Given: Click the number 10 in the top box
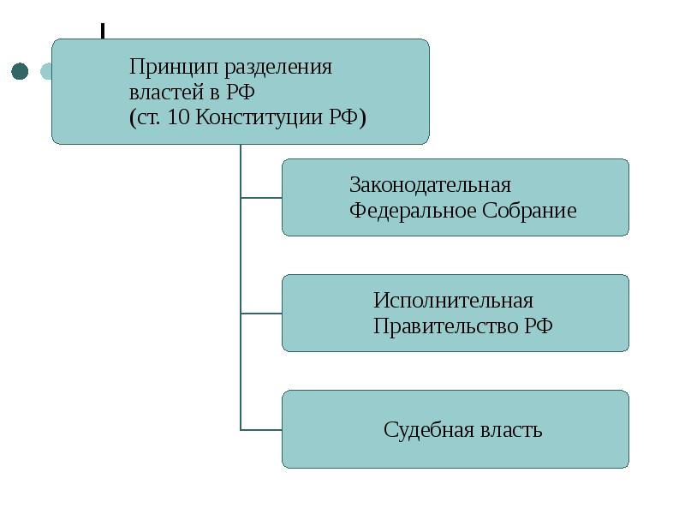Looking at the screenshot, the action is (178, 117).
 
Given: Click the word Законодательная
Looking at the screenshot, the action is (430, 185).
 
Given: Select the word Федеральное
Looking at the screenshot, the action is (413, 211).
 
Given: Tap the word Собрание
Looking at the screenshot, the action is (529, 211).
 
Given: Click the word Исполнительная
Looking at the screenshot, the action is (453, 301).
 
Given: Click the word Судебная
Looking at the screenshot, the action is (429, 429).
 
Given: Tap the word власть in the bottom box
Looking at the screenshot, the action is (511, 431).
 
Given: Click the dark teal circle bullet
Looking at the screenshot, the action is (20, 71).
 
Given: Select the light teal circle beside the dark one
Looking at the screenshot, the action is (46, 71).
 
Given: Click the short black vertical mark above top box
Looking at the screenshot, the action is (103, 31).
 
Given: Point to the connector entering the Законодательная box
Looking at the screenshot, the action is (261, 198).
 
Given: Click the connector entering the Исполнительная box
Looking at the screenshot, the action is (261, 314).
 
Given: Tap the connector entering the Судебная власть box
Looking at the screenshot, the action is (261, 430).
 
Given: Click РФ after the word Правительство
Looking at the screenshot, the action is (539, 326).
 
